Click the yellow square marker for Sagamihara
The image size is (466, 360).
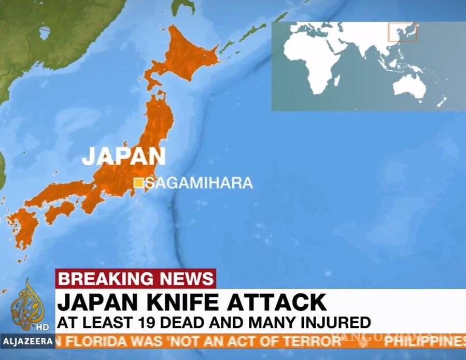[138, 183]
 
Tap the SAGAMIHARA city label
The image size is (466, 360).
[199, 183]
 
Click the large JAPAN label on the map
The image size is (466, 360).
[123, 156]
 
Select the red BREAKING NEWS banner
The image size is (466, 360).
[135, 278]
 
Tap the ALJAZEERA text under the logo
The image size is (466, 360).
[27, 341]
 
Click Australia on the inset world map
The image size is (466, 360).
[412, 85]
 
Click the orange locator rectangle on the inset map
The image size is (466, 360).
[403, 32]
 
